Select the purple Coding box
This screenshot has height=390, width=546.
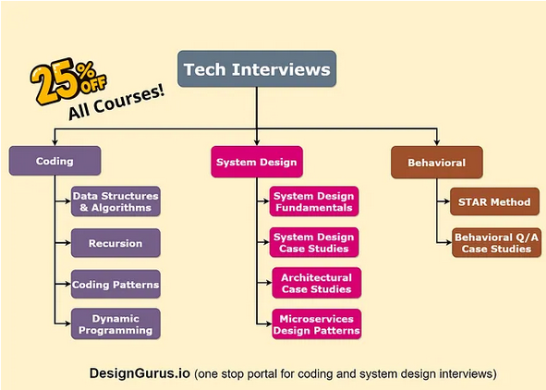[x=55, y=161]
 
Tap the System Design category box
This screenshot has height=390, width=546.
[x=256, y=162]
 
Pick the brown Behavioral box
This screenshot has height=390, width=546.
[x=437, y=163]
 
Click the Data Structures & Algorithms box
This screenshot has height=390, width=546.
[x=115, y=201]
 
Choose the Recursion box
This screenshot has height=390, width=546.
[x=115, y=243]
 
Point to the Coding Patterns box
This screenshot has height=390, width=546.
[x=115, y=285]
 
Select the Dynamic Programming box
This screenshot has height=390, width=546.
[x=115, y=323]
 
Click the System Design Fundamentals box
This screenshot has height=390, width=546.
[x=314, y=201]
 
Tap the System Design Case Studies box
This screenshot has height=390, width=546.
[x=314, y=242]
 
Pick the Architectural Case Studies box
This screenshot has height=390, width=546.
[x=316, y=283]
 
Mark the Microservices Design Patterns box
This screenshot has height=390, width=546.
[x=316, y=323]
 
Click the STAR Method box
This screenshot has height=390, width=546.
[x=494, y=201]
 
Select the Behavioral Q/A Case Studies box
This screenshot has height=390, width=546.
[x=494, y=242]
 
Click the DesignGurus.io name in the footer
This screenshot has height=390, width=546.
[x=139, y=373]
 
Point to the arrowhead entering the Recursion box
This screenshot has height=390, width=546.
[x=67, y=243]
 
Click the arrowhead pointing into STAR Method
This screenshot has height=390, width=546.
[x=447, y=201]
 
